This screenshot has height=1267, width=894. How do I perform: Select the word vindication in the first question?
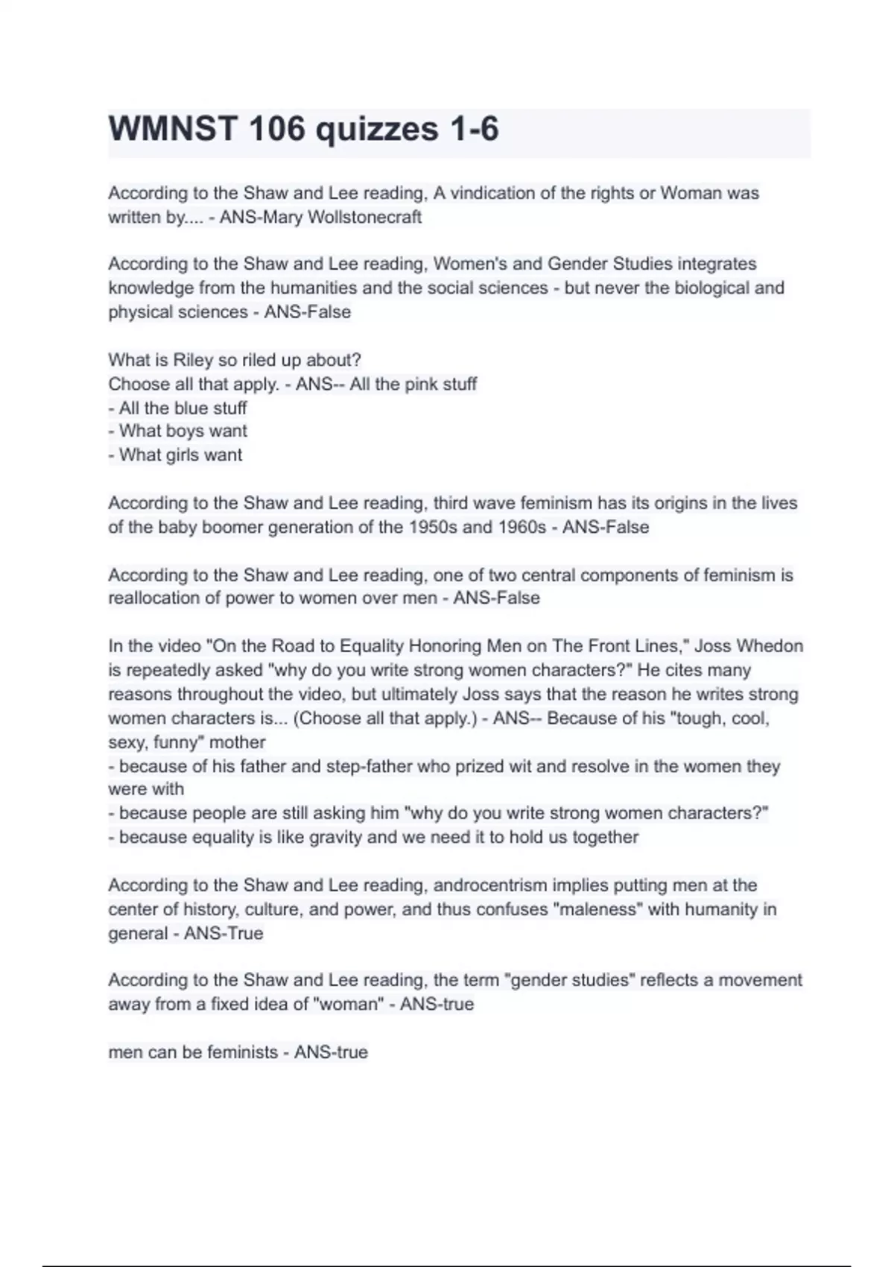click(x=490, y=193)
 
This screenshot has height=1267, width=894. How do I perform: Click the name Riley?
click(x=193, y=360)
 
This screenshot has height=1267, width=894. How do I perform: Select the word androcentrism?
click(x=489, y=885)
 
